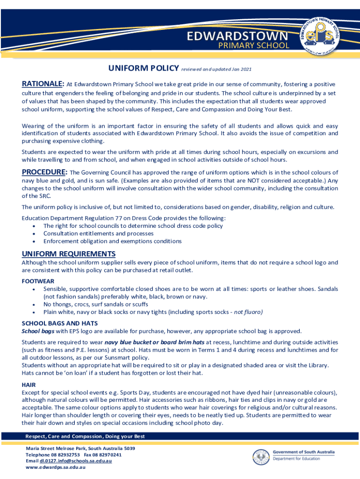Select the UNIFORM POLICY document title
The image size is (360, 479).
(x=143, y=69)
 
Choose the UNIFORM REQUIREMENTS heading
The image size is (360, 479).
(x=69, y=254)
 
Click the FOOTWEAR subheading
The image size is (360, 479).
(x=38, y=281)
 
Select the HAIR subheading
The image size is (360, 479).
(x=29, y=385)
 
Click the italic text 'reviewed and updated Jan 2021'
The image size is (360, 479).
(x=217, y=70)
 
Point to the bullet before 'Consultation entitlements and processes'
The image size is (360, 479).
(x=34, y=233)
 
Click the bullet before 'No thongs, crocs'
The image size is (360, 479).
(x=34, y=304)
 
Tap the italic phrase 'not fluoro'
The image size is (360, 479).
(x=248, y=312)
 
